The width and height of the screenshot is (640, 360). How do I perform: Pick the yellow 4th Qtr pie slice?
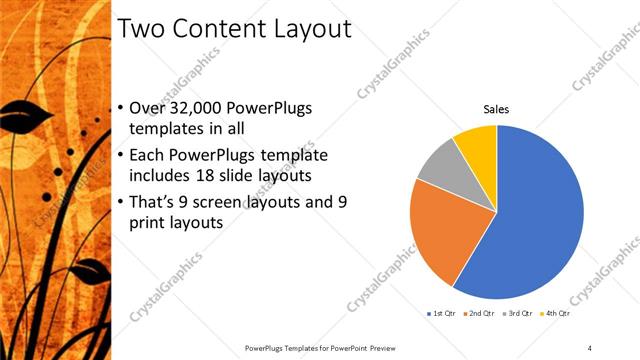coord(476,144)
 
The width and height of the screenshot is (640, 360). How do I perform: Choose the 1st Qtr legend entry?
coord(442,314)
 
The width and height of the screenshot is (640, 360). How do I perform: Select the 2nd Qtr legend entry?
coord(482,314)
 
